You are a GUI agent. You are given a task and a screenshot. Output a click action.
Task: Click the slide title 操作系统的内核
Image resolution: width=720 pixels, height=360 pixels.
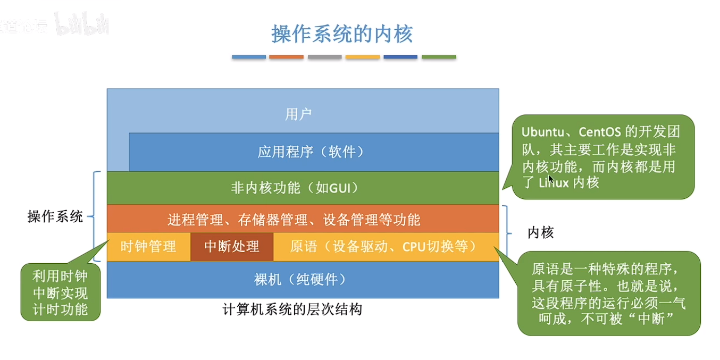pos(342,34)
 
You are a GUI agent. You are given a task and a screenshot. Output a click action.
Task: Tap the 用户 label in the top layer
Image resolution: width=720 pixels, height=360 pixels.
pos(298,114)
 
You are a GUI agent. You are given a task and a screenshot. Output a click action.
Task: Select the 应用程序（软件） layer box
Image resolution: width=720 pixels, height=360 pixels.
pos(313,152)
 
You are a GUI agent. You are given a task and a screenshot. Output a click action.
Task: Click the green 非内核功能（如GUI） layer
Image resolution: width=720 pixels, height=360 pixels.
pos(303,188)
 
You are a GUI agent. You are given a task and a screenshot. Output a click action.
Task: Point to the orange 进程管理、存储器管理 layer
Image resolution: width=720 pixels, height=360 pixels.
pos(303,219)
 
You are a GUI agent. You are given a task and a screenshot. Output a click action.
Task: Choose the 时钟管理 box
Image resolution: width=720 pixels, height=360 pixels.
pos(148,247)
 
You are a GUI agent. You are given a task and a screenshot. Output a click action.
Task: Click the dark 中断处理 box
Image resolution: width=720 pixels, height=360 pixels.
pos(232,247)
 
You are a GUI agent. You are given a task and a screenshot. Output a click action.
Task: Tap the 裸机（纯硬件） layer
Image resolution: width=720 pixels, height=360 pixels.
pos(303,279)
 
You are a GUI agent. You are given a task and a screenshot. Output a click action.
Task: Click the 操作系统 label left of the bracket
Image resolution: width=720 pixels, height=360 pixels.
pos(55,216)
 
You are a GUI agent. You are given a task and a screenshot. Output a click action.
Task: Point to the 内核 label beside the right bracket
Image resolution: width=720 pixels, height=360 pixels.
pos(541,232)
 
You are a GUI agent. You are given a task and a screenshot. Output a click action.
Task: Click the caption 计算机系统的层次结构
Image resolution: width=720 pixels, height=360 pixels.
pos(292,309)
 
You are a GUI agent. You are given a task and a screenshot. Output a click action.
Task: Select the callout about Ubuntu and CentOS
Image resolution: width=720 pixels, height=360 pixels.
pos(602,157)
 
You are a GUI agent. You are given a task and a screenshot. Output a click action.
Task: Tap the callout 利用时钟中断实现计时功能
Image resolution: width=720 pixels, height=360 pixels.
pos(60,292)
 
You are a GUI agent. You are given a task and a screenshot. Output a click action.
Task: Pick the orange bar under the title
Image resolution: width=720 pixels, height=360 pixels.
pos(286,56)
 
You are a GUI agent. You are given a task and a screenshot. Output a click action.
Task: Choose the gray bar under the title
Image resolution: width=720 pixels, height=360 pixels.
pos(324,56)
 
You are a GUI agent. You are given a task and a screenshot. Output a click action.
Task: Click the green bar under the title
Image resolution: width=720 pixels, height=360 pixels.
pos(439,56)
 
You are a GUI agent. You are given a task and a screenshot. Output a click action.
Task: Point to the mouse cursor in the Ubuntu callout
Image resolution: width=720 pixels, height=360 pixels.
pos(551,179)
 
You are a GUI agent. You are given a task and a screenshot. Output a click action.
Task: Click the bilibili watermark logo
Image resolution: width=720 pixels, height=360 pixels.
pos(82,25)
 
